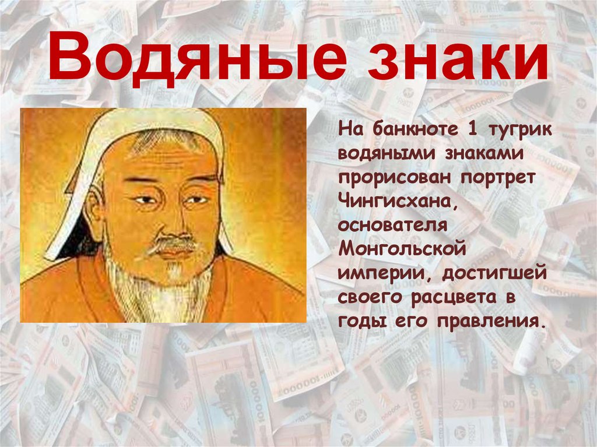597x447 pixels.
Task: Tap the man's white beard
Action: (x=169, y=286)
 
